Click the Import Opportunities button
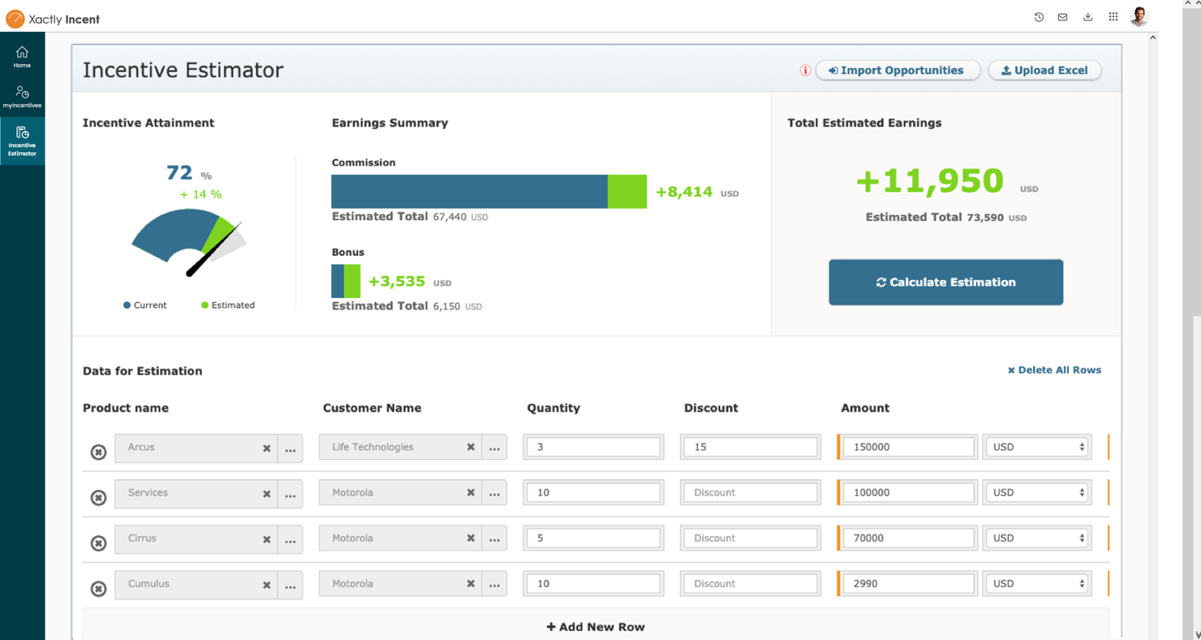898,71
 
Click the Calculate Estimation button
945,283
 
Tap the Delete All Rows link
1054,370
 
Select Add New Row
596,627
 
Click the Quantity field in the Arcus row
592,448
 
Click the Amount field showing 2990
907,584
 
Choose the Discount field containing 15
750,448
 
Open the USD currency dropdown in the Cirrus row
1037,538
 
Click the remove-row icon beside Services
98,497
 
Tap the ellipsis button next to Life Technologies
494,448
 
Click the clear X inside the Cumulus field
266,585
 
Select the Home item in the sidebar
22,57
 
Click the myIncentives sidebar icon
22,97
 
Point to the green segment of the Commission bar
627,192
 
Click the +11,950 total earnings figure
930,181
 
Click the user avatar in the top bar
1139,17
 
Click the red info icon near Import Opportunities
805,71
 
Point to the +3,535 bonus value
397,282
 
